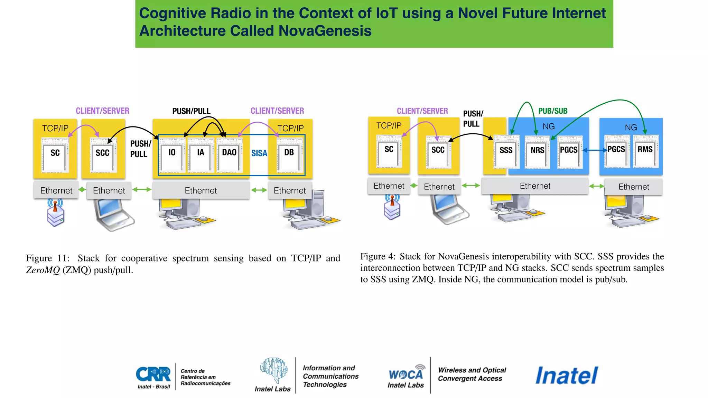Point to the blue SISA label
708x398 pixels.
259,153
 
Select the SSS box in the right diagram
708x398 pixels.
506,151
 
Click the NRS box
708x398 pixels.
537,151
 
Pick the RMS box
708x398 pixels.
645,151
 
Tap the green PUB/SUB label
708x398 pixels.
553,111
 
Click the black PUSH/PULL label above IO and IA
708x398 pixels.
191,111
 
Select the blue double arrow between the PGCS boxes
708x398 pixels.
595,150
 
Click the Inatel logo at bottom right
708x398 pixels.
567,376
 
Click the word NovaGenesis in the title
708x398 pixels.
325,31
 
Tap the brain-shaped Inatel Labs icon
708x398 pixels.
273,370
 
